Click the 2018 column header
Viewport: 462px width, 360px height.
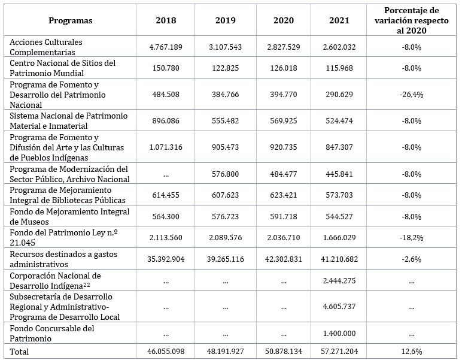click(166, 20)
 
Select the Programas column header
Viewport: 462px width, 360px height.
click(71, 20)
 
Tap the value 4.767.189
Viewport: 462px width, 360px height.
click(166, 47)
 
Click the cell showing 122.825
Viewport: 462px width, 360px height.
click(225, 68)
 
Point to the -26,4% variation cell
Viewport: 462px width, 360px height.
click(411, 95)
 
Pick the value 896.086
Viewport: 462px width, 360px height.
click(166, 120)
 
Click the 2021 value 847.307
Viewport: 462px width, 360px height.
click(339, 147)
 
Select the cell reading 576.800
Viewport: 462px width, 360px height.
click(225, 174)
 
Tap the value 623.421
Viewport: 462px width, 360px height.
click(284, 195)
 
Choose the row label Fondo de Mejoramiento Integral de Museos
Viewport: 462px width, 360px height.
click(69, 216)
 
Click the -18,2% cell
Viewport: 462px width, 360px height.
click(411, 237)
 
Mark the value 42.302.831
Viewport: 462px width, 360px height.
click(284, 259)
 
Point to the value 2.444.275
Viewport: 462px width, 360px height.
click(339, 280)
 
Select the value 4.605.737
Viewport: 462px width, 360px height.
click(339, 306)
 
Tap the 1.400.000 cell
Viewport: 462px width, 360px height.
click(339, 333)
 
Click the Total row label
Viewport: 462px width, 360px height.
click(19, 352)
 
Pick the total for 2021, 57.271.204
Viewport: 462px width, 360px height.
click(339, 351)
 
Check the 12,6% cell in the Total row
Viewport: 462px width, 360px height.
click(411, 351)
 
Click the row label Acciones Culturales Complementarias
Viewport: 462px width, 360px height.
click(46, 47)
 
